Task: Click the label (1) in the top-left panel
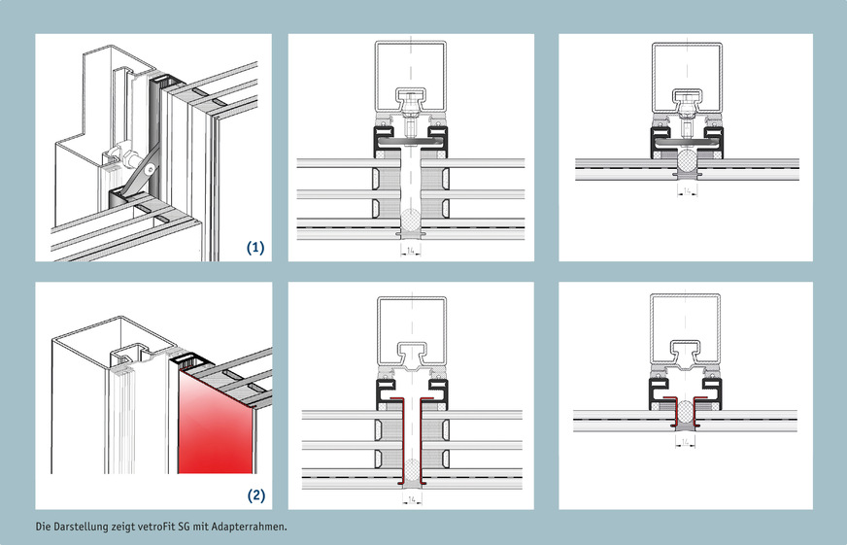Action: click(255, 248)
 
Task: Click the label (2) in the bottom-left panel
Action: click(255, 495)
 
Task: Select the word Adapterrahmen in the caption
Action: click(251, 527)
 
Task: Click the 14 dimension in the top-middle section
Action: click(412, 250)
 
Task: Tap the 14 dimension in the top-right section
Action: click(688, 191)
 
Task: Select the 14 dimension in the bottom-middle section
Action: click(412, 498)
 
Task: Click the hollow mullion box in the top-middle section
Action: click(412, 68)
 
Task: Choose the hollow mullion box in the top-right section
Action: click(688, 68)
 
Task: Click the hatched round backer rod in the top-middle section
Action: click(412, 221)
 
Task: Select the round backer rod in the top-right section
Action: click(688, 158)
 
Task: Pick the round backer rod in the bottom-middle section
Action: click(412, 468)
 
